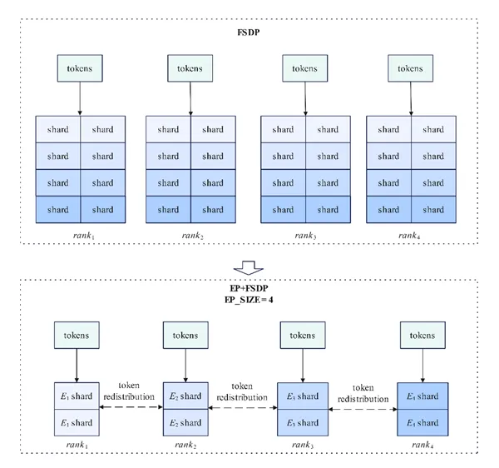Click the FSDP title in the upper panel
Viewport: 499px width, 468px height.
pyautogui.click(x=249, y=32)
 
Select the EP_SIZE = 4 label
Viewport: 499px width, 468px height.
pyautogui.click(x=249, y=300)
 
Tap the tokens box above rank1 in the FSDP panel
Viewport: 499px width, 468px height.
pyautogui.click(x=80, y=68)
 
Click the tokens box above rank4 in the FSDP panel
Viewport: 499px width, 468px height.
pyautogui.click(x=410, y=68)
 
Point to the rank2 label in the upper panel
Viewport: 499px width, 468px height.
pyautogui.click(x=193, y=236)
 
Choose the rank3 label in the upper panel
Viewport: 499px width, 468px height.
pyautogui.click(x=305, y=236)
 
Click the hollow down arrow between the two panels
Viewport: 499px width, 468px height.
pyautogui.click(x=248, y=267)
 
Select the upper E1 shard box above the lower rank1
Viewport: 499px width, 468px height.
pyautogui.click(x=77, y=396)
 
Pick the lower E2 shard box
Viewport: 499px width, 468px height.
pyautogui.click(x=185, y=423)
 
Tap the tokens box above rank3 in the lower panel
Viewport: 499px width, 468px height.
pyautogui.click(x=303, y=335)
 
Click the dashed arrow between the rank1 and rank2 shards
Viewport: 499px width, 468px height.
pyautogui.click(x=131, y=407)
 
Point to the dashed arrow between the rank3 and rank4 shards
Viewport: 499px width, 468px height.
pyautogui.click(x=363, y=410)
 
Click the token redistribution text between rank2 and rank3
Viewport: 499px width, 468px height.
pyautogui.click(x=242, y=392)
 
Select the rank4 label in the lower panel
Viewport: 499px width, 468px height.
pyautogui.click(x=422, y=445)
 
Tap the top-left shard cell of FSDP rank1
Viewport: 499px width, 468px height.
pyautogui.click(x=58, y=129)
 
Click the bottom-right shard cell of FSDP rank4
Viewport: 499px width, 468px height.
pyautogui.click(x=433, y=210)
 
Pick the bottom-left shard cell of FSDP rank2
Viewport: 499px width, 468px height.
pyautogui.click(x=168, y=210)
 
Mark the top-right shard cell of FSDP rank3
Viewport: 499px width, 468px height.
pyautogui.click(x=328, y=129)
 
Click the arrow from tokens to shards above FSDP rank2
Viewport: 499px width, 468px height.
pyautogui.click(x=190, y=99)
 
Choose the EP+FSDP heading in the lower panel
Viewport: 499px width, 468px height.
pyautogui.click(x=249, y=288)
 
